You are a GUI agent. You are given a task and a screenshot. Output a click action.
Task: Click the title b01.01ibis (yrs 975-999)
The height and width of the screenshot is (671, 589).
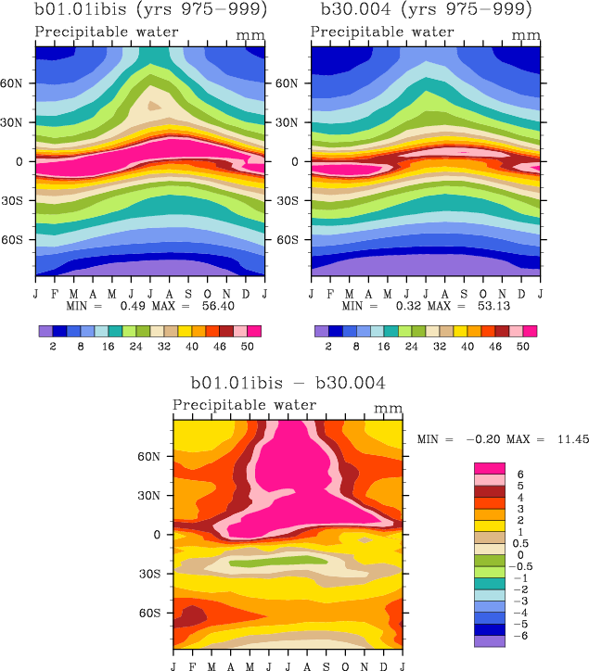click(x=148, y=10)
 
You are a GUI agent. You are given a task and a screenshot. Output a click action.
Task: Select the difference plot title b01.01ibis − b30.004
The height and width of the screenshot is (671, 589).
click(x=288, y=382)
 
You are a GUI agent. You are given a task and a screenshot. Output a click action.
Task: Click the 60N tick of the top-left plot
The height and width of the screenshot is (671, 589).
click(x=20, y=82)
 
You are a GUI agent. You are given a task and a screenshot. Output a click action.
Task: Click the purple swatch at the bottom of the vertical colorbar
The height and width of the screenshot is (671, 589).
click(x=490, y=640)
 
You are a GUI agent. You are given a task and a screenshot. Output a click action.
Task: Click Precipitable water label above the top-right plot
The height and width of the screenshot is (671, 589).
click(x=382, y=32)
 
